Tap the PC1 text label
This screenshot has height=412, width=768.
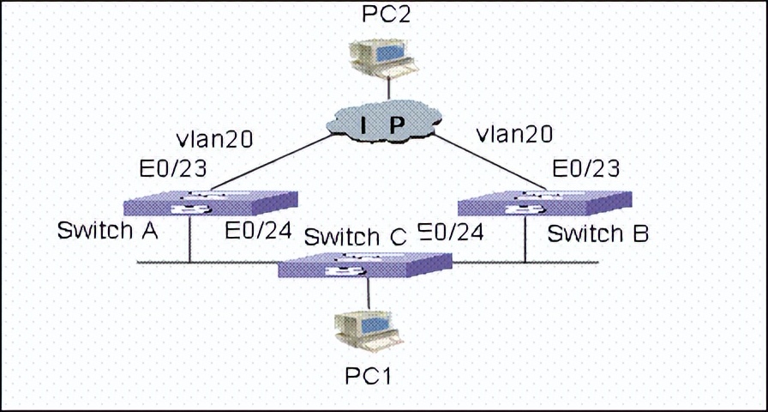pyautogui.click(x=369, y=375)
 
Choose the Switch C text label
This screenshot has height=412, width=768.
pyautogui.click(x=355, y=236)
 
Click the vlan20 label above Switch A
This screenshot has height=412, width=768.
pyautogui.click(x=214, y=136)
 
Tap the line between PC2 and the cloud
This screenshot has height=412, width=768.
pyautogui.click(x=388, y=88)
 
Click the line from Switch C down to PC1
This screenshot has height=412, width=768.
pyautogui.click(x=369, y=294)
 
